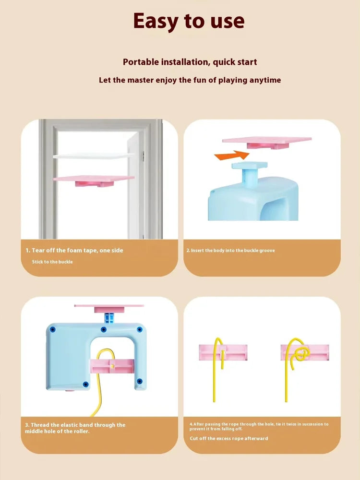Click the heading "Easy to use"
pyautogui.click(x=189, y=21)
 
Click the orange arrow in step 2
pyautogui.click(x=232, y=155)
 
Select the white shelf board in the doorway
pyautogui.click(x=94, y=156)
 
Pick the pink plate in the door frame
pyautogui.click(x=94, y=180)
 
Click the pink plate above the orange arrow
pyautogui.click(x=266, y=143)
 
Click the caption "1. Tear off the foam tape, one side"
pyautogui.click(x=74, y=251)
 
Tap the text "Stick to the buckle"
pyautogui.click(x=52, y=262)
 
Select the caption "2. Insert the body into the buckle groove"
pyautogui.click(x=230, y=251)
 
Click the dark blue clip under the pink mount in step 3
pyautogui.click(x=109, y=318)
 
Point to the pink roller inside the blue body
pyautogui.click(x=112, y=366)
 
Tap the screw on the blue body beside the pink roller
pyautogui.click(x=139, y=381)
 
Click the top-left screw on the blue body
pyautogui.click(x=52, y=330)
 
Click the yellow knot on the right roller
pyautogui.click(x=301, y=354)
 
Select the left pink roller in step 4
pyautogui.click(x=223, y=352)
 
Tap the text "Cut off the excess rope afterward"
pyautogui.click(x=228, y=438)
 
